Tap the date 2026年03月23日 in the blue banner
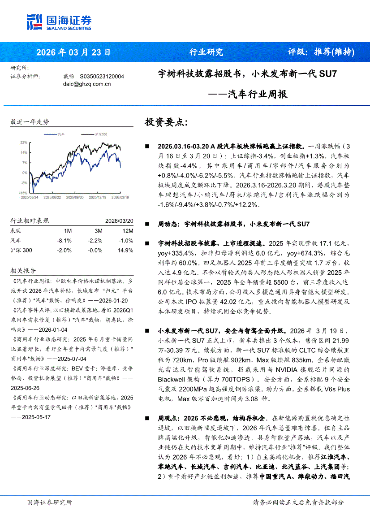click(x=73, y=52)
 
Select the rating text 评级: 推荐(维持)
click(x=321, y=52)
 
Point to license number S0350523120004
click(x=102, y=77)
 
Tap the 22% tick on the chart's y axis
click(x=24, y=143)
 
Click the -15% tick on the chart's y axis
click(x=23, y=192)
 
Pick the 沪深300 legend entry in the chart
click(x=101, y=134)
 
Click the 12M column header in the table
click(x=128, y=231)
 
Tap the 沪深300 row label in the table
click(x=22, y=250)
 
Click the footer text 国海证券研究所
click(x=50, y=502)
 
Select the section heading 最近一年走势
click(x=30, y=121)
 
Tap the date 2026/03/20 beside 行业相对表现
click(x=119, y=221)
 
